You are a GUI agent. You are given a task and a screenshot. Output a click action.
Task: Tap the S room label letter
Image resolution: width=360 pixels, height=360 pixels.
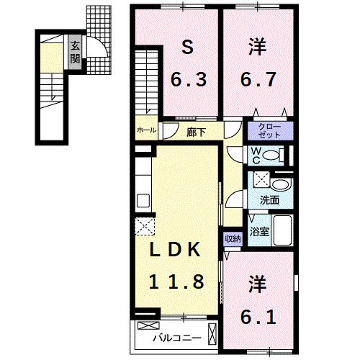187,49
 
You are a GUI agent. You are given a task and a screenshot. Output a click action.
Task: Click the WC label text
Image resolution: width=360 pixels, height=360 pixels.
255,156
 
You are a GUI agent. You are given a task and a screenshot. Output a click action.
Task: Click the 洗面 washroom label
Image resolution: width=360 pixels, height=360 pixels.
269,200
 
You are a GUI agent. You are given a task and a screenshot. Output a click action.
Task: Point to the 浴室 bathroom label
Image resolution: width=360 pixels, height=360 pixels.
258,233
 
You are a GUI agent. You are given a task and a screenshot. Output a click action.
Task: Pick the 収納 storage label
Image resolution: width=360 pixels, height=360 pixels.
232,238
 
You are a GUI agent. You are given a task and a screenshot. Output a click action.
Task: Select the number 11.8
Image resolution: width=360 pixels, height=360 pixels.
176,281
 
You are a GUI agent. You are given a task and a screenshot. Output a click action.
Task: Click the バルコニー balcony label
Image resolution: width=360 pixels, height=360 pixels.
170,337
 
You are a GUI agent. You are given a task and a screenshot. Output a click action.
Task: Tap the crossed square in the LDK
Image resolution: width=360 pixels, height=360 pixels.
144,226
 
